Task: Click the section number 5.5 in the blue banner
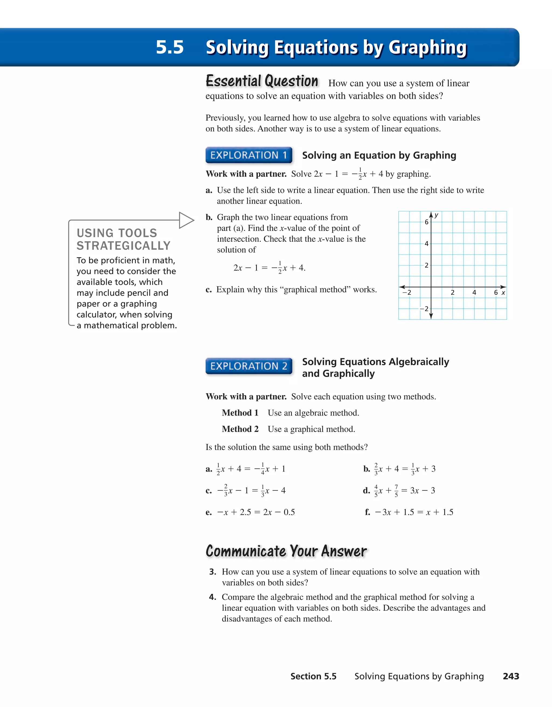pyautogui.click(x=170, y=47)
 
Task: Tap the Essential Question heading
pyautogui.click(x=262, y=81)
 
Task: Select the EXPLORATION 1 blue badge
pyautogui.click(x=249, y=155)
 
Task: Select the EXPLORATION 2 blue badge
pyautogui.click(x=249, y=366)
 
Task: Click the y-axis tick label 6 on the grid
pyautogui.click(x=426, y=222)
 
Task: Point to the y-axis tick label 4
pyautogui.click(x=426, y=243)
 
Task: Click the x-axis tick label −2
pyautogui.click(x=407, y=293)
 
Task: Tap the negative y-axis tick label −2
pyautogui.click(x=424, y=309)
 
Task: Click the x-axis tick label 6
pyautogui.click(x=496, y=293)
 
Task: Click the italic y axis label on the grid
pyautogui.click(x=437, y=215)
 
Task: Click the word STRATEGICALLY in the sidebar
pyautogui.click(x=123, y=246)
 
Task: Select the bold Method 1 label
pyautogui.click(x=240, y=413)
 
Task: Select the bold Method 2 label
pyautogui.click(x=240, y=429)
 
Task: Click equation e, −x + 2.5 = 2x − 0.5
pyautogui.click(x=256, y=512)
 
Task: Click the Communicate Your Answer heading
pyautogui.click(x=286, y=551)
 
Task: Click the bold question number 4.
pyautogui.click(x=212, y=597)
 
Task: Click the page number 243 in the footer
pyautogui.click(x=511, y=676)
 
